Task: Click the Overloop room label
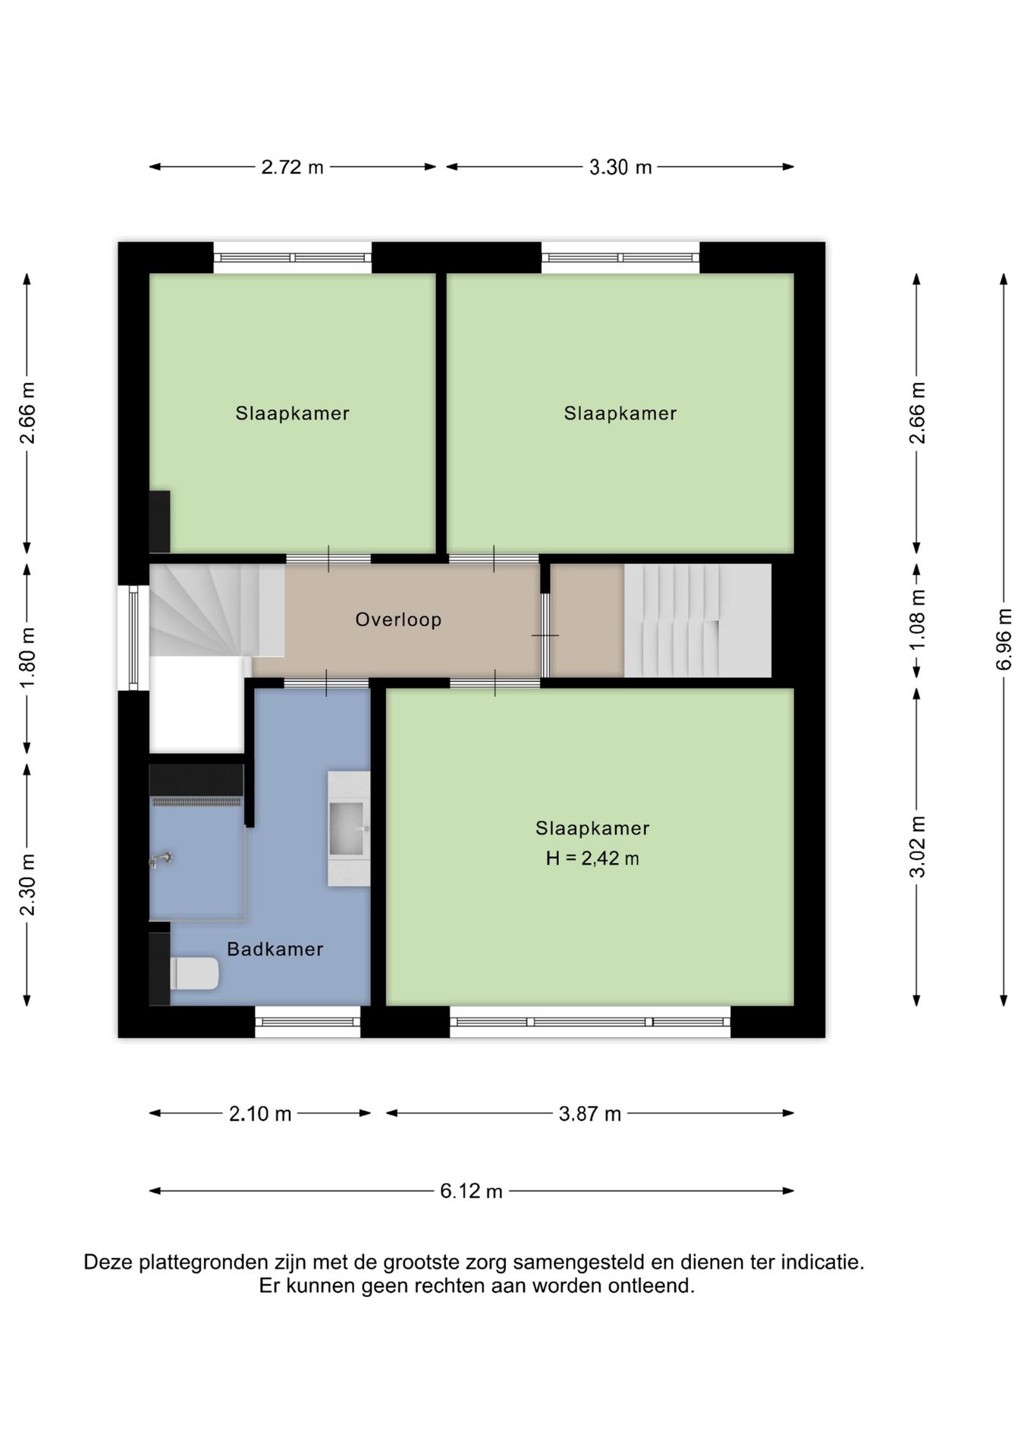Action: click(x=398, y=620)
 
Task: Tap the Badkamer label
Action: click(x=275, y=949)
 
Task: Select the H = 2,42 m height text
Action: click(x=592, y=858)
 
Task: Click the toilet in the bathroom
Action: click(x=195, y=973)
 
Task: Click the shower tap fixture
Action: click(x=161, y=859)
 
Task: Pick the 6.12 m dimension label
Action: click(x=471, y=1191)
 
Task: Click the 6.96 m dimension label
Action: click(x=1004, y=639)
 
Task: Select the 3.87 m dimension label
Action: click(x=590, y=1113)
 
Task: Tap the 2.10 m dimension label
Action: click(x=260, y=1113)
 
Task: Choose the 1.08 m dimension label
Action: click(x=917, y=620)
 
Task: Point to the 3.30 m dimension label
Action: click(x=620, y=167)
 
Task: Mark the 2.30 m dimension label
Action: click(x=27, y=884)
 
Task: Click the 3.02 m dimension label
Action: click(x=917, y=847)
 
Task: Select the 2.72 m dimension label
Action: click(x=292, y=167)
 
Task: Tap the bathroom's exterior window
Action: click(x=307, y=1021)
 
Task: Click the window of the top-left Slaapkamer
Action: click(x=293, y=257)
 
